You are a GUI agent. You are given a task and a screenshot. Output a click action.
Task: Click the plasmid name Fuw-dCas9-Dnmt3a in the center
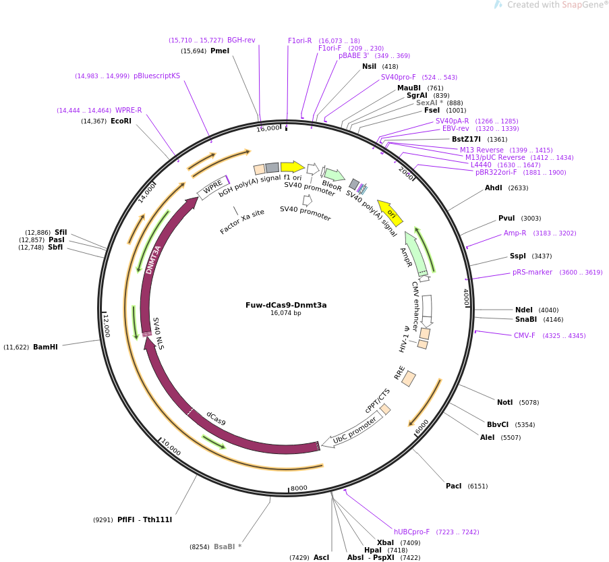click(286, 305)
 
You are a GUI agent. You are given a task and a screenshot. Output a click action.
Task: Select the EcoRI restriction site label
click(121, 121)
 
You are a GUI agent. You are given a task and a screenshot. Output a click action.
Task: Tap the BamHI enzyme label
click(45, 347)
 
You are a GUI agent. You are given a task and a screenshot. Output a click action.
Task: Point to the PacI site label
click(453, 486)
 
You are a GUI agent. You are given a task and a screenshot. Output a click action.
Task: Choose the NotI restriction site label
click(504, 403)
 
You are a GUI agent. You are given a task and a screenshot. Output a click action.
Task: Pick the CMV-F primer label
click(524, 336)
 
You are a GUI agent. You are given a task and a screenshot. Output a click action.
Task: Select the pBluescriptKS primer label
click(156, 76)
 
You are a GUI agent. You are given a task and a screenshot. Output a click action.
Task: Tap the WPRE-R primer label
click(128, 111)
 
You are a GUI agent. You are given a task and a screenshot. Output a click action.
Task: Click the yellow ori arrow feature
click(390, 213)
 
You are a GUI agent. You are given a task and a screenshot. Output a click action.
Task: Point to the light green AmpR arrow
click(415, 253)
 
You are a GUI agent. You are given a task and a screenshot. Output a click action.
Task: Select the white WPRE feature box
click(213, 188)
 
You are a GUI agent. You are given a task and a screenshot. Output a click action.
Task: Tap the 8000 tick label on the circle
click(299, 488)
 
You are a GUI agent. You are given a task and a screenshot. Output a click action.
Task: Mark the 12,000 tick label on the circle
click(107, 326)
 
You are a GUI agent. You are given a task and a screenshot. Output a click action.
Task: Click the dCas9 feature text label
click(216, 418)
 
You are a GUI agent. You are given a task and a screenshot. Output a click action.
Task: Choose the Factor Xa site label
click(242, 221)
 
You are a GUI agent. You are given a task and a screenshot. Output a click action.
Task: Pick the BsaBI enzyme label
click(224, 546)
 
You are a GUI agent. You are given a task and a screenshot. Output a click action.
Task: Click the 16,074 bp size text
click(286, 313)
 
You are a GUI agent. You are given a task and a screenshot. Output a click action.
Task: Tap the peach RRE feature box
click(409, 378)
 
